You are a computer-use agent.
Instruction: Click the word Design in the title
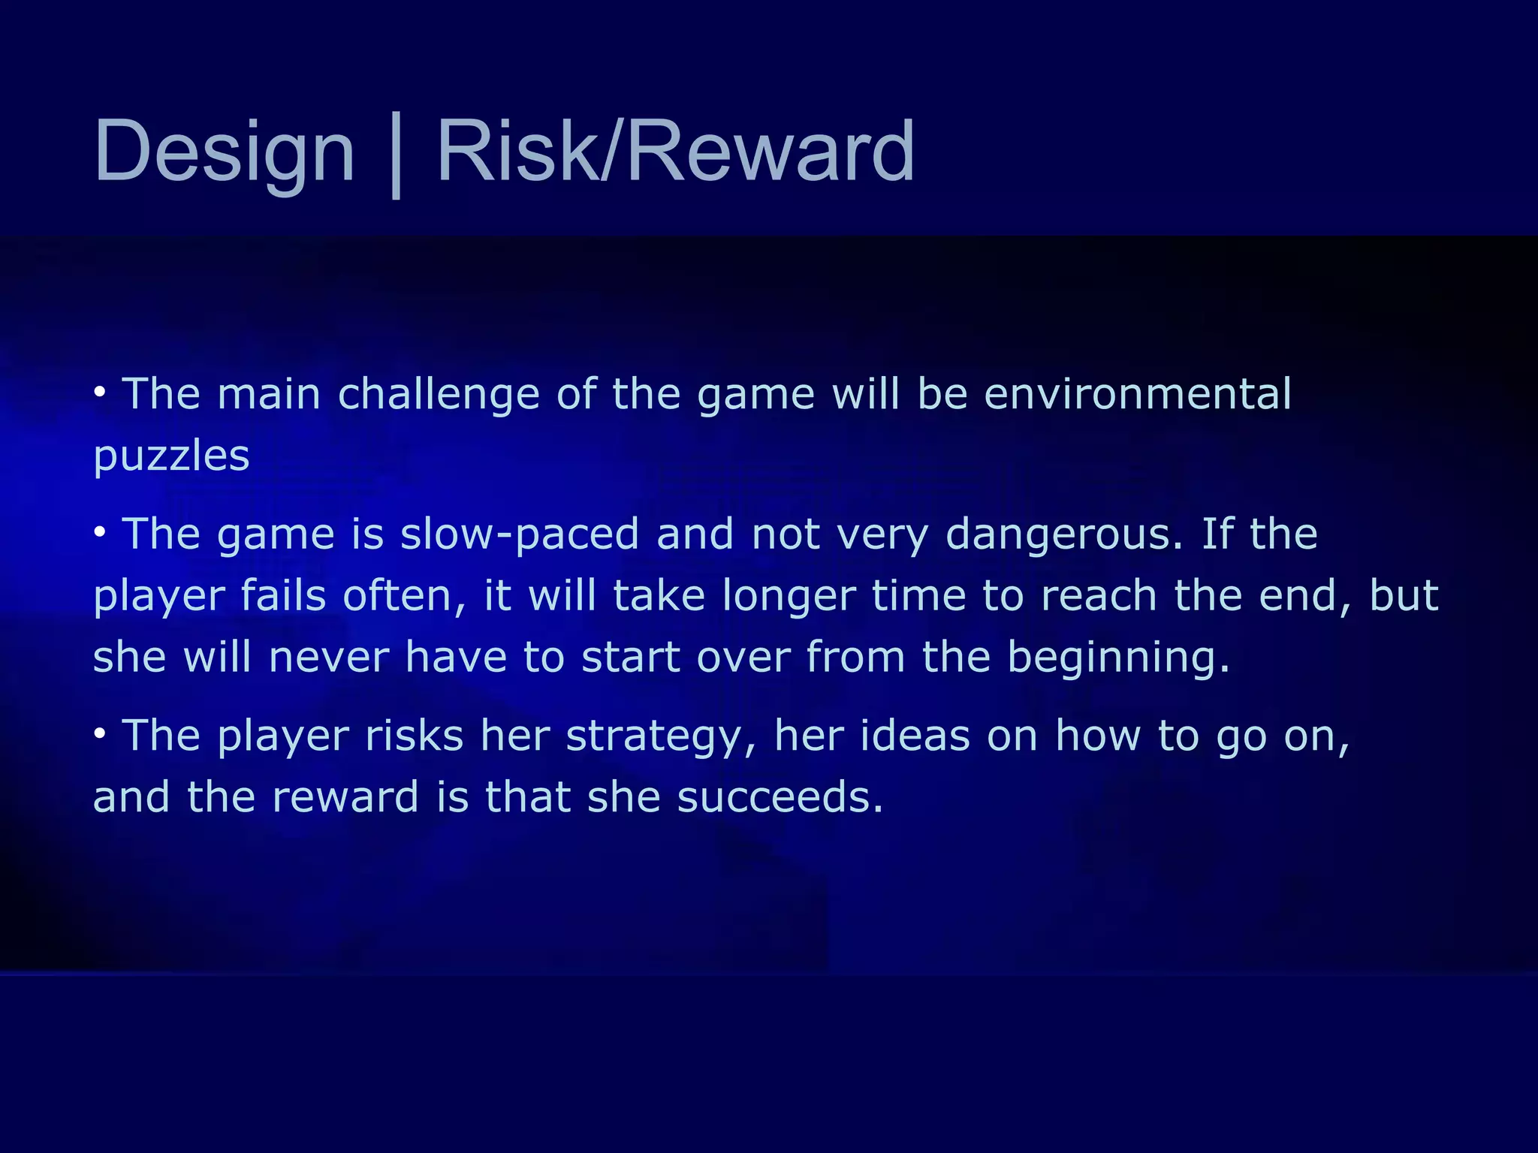coord(224,152)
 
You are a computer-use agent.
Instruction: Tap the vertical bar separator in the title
coord(396,155)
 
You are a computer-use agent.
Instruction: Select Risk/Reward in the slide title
coord(675,152)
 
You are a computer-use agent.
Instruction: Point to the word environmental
coord(1137,394)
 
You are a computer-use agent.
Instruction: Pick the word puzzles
coord(171,456)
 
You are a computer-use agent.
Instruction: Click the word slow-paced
coord(520,534)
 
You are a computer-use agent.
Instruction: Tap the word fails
coord(283,596)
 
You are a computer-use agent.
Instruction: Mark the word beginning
coord(1117,658)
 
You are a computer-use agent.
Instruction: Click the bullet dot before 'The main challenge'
coord(100,393)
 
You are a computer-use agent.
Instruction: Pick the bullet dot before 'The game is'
coord(100,532)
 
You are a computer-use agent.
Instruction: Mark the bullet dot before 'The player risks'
coord(100,733)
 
